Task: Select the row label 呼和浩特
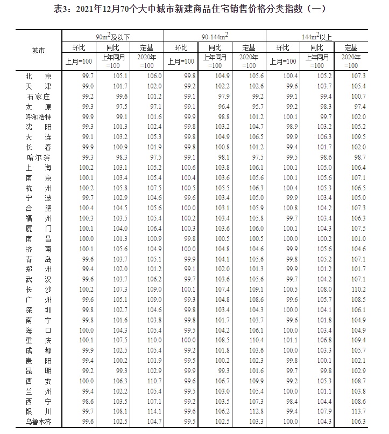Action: [38, 116]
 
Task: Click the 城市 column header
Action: [38, 51]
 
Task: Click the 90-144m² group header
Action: [215, 36]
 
